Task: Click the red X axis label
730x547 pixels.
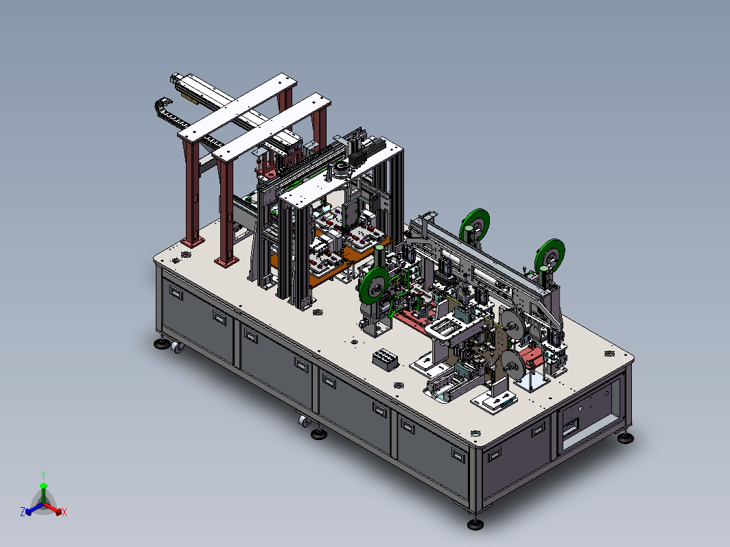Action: click(x=64, y=512)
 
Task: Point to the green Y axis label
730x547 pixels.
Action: click(x=43, y=476)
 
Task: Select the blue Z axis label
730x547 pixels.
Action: click(x=23, y=511)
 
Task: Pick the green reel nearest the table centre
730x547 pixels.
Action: click(x=374, y=287)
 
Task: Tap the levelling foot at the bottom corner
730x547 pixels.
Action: click(x=475, y=524)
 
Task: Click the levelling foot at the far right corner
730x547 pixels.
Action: click(x=625, y=437)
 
